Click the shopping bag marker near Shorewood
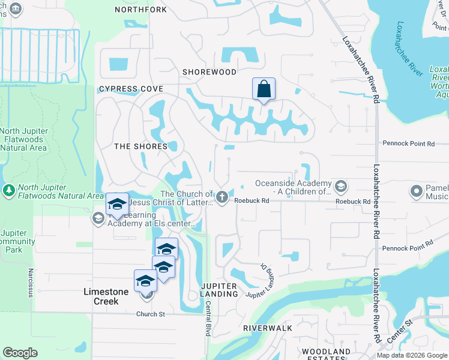[x=264, y=90]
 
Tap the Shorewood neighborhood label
[x=209, y=72]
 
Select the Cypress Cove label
[x=131, y=89]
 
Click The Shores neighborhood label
[x=140, y=146]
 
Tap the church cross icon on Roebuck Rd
[x=222, y=196]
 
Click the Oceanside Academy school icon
[x=341, y=187]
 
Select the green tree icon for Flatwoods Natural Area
[x=9, y=191]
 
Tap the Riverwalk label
[x=267, y=328]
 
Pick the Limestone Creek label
[x=106, y=296]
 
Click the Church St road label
[x=150, y=314]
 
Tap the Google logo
[x=20, y=353]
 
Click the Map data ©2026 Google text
[x=411, y=355]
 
